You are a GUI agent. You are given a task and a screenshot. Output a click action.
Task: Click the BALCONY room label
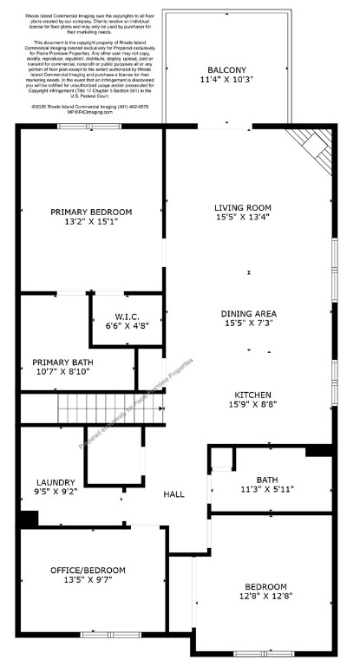click(226, 70)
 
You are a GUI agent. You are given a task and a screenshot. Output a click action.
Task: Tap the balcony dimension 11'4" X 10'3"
click(226, 80)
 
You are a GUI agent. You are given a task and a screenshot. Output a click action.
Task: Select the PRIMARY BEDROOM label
click(91, 212)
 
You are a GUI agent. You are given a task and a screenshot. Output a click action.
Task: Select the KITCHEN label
click(251, 394)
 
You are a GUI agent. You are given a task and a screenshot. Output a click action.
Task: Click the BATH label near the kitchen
click(267, 478)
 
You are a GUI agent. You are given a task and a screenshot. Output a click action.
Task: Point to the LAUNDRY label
click(56, 482)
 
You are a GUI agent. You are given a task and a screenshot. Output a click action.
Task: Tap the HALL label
click(174, 493)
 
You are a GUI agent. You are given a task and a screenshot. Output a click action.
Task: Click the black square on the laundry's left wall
click(29, 519)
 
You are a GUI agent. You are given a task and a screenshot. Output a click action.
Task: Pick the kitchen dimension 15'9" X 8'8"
click(251, 404)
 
